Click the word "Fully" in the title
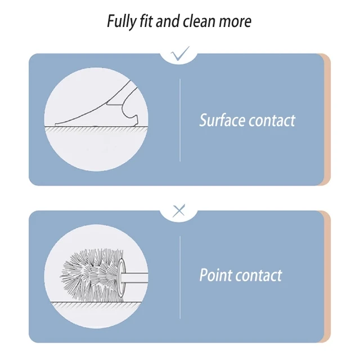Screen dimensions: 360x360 (120, 22)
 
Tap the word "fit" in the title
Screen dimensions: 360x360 (145, 22)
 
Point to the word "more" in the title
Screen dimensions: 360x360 (236, 22)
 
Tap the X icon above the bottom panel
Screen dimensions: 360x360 (179, 211)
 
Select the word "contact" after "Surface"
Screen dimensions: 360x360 (271, 120)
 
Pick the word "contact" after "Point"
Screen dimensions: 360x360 (259, 276)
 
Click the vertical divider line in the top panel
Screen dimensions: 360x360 (180, 120)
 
